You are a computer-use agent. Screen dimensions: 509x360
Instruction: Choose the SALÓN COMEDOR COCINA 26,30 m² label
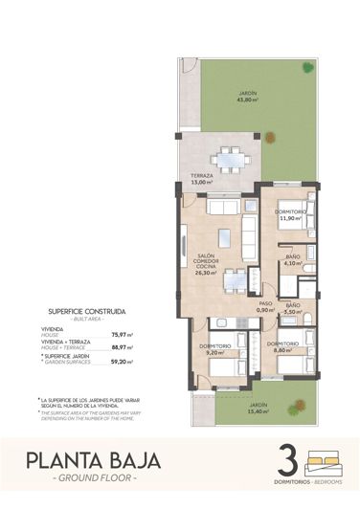pos(205,264)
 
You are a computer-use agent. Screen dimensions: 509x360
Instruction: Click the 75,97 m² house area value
pos(123,334)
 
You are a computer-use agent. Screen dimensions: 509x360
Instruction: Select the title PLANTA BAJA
pos(93,462)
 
